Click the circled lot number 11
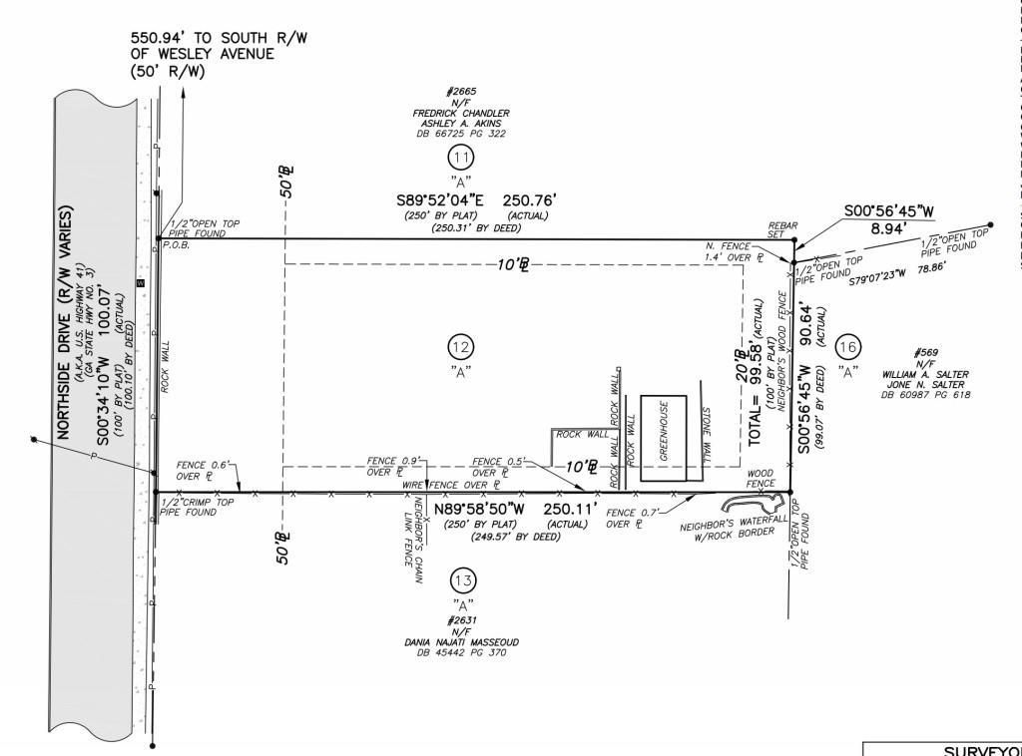tap(460, 158)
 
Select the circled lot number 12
tap(460, 347)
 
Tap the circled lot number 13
tap(461, 580)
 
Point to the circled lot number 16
tap(847, 346)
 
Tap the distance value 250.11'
tap(571, 509)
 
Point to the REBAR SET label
tap(778, 229)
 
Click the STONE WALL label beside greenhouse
tap(706, 435)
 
